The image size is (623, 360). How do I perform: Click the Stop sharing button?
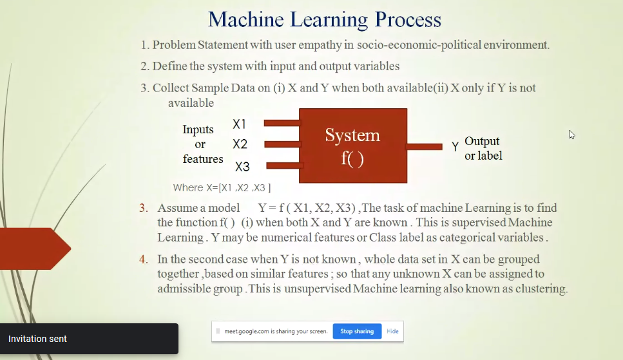[357, 331]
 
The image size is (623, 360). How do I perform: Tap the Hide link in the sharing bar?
[392, 331]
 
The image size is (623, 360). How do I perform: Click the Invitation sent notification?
[89, 339]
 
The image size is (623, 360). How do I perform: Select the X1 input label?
[239, 124]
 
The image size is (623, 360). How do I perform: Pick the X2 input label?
[240, 144]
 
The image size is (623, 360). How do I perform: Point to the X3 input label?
[242, 166]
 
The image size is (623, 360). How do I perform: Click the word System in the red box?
[352, 135]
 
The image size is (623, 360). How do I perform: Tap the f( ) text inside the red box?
[352, 158]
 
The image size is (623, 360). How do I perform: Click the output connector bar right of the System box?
[425, 147]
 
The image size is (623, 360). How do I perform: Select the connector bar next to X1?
[282, 123]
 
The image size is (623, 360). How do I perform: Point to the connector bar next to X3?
[284, 166]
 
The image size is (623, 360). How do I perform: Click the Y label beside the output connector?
[455, 147]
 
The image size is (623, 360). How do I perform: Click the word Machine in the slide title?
[246, 19]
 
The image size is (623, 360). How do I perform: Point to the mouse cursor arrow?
[571, 135]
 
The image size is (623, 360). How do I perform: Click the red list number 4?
[143, 260]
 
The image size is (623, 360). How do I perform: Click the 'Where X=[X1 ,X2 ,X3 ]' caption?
[222, 187]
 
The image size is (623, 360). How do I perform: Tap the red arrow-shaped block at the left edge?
[35, 249]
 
